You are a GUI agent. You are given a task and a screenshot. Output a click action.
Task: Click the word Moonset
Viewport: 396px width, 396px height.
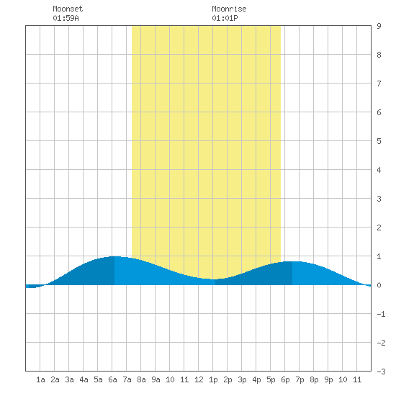tap(68, 9)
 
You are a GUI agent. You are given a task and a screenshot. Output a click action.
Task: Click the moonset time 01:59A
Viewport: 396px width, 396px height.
tap(66, 18)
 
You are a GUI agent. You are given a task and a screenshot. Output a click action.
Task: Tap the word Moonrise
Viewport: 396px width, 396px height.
tap(229, 9)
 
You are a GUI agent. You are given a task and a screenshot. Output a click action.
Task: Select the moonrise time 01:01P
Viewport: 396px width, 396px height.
tap(225, 18)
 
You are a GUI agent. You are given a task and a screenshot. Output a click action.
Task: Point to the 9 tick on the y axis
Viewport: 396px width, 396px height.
tap(379, 26)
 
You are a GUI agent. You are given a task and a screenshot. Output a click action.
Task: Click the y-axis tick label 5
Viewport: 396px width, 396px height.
tap(379, 141)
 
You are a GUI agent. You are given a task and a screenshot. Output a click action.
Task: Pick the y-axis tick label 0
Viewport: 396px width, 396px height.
tap(379, 285)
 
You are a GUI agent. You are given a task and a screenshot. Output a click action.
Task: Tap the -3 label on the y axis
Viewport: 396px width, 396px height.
tap(381, 372)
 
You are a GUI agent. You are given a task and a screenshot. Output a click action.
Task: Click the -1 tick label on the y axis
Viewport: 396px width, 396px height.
tap(381, 314)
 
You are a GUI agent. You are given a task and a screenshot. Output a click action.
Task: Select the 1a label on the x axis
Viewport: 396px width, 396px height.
tap(40, 379)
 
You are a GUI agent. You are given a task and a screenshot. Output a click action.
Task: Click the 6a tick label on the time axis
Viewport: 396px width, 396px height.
tap(112, 379)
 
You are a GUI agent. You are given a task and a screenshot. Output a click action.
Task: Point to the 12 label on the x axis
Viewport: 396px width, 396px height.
tap(199, 379)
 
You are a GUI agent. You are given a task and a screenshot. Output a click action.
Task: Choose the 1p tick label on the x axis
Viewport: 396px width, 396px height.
tap(213, 379)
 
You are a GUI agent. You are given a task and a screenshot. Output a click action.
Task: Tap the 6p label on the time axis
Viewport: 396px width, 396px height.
tap(285, 379)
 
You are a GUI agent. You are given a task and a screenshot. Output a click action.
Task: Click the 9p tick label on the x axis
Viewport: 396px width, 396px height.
tap(328, 379)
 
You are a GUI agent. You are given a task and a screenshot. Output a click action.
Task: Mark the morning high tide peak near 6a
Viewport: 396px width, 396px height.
tap(114, 256)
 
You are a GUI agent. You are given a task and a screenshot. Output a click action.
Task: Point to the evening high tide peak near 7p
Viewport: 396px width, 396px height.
tap(292, 261)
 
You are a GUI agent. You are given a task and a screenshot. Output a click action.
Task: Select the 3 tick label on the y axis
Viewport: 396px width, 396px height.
tap(379, 199)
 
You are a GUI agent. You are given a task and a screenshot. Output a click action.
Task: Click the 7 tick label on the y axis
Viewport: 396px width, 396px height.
tap(379, 84)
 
